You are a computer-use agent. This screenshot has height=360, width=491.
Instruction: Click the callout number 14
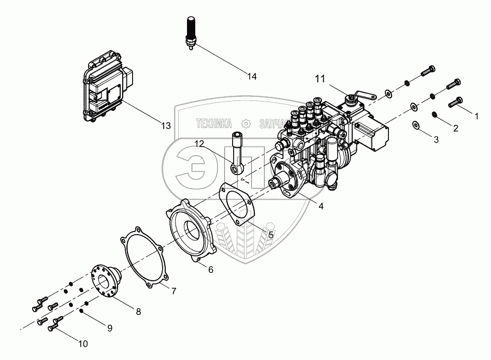pos(252,77)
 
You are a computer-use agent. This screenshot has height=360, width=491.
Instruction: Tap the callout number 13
pos(165,126)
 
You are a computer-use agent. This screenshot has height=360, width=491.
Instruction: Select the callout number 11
pos(320,79)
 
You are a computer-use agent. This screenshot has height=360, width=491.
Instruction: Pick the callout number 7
pos(174,291)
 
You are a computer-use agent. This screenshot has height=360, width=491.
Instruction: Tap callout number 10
pos(83,343)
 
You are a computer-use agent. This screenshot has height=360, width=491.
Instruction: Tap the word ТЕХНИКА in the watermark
pos(213,123)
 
